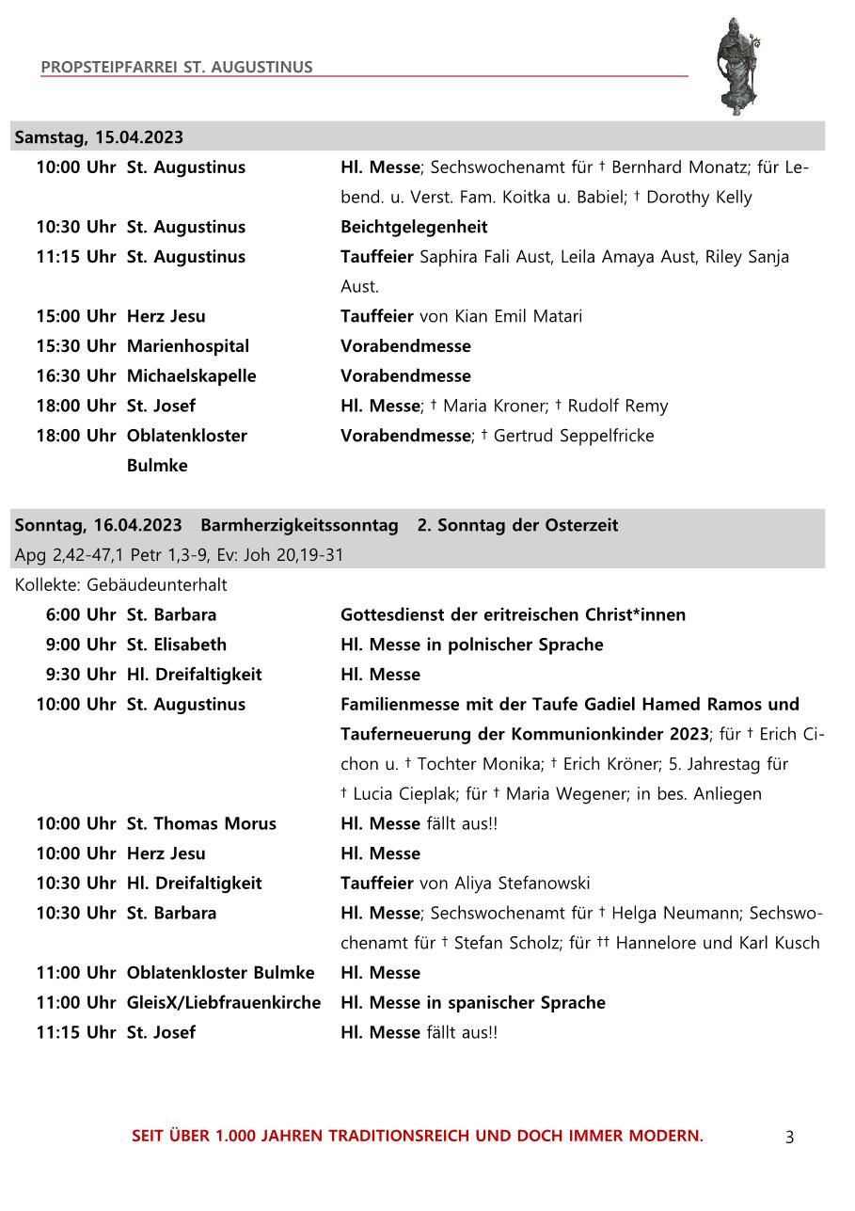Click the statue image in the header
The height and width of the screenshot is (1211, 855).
pyautogui.click(x=737, y=65)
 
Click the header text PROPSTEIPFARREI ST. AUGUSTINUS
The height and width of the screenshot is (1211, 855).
pyautogui.click(x=177, y=68)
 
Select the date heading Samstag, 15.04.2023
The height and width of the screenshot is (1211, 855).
pyautogui.click(x=99, y=137)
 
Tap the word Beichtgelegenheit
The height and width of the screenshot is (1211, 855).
pyautogui.click(x=414, y=227)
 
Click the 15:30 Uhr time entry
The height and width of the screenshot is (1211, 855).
pyautogui.click(x=75, y=346)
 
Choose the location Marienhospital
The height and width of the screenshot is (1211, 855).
pyautogui.click(x=188, y=346)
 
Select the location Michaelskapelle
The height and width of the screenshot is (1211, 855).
pyautogui.click(x=191, y=376)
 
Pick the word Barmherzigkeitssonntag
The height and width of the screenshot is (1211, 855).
pyautogui.click(x=299, y=525)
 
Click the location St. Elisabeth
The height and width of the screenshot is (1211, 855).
pyautogui.click(x=177, y=645)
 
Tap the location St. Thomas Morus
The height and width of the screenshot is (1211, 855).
pyautogui.click(x=201, y=824)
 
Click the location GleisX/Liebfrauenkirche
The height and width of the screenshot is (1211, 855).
pyautogui.click(x=224, y=1003)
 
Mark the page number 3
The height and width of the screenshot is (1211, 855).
pyautogui.click(x=789, y=1138)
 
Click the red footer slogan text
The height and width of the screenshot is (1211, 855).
pyautogui.click(x=418, y=1136)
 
